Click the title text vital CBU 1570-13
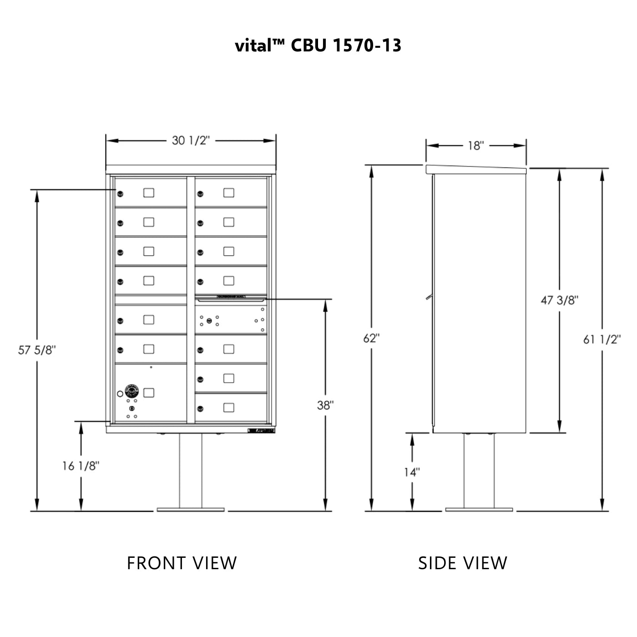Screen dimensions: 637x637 tap(318, 45)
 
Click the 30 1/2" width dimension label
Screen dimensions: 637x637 tap(191, 140)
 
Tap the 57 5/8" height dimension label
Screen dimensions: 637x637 tap(37, 350)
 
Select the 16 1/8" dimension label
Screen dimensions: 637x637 tap(81, 465)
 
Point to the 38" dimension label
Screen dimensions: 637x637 tap(325, 405)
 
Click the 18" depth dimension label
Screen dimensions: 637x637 tap(476, 146)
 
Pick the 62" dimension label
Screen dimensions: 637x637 tap(372, 339)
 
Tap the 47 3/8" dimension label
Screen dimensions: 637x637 tap(559, 300)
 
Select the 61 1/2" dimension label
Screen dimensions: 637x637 tap(602, 339)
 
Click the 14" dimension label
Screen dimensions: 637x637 tap(412, 472)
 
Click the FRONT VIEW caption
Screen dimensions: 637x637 tap(182, 563)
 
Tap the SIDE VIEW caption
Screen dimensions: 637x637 tap(462, 563)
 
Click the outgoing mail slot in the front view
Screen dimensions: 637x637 tap(231, 299)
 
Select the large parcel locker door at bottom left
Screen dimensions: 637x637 tap(151, 393)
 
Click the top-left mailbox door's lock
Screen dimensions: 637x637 tap(120, 194)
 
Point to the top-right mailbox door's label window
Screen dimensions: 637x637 tap(229, 192)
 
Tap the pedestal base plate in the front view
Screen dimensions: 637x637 tap(191, 510)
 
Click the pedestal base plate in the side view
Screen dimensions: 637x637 tap(479, 510)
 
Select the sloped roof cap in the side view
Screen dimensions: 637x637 tap(476, 169)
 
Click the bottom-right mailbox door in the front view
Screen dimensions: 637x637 tap(231, 407)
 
